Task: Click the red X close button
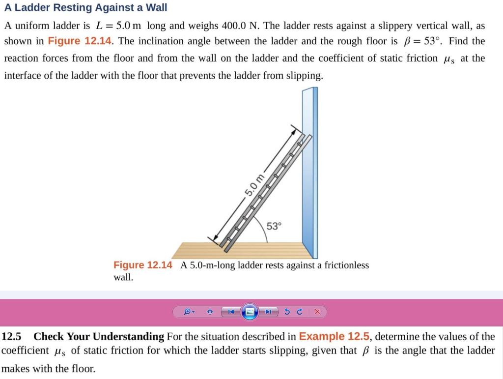click(317, 312)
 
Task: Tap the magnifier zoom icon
click(188, 312)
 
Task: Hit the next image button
click(269, 312)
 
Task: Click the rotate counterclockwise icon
click(288, 312)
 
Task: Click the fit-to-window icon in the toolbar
click(210, 312)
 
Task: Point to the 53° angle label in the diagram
click(275, 226)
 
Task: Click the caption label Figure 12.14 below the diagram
click(143, 265)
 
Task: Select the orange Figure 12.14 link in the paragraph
click(80, 41)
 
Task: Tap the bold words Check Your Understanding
click(99, 337)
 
